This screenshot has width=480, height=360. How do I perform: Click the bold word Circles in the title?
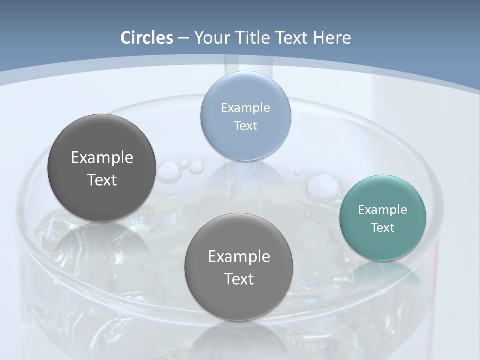[x=146, y=38]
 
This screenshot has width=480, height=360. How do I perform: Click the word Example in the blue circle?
[x=246, y=107]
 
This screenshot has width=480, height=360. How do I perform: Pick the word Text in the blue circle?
[x=246, y=125]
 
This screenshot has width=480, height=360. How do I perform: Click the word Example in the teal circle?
[x=383, y=210]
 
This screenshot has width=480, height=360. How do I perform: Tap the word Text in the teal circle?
[x=383, y=228]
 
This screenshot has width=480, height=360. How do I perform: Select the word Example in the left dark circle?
[x=102, y=158]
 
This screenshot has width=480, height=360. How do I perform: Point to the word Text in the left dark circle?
[x=102, y=180]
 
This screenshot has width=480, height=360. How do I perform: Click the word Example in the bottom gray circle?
[x=239, y=257]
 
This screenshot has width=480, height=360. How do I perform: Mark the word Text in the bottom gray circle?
[x=239, y=279]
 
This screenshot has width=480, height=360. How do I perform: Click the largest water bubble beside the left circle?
[x=168, y=172]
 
